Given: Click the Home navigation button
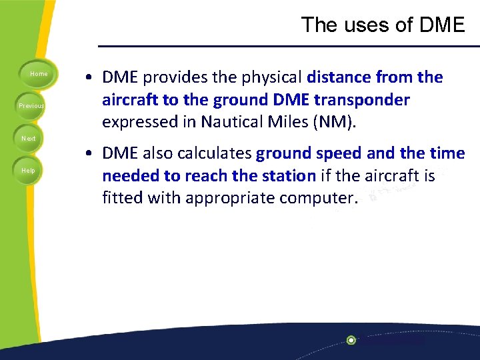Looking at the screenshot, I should pos(38,74).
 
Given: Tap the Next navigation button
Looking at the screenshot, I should pos(29,139).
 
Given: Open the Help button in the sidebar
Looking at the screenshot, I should pos(29,171).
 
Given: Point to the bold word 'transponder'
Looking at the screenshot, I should pos(367,100).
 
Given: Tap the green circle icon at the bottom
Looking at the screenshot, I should pos(351,340).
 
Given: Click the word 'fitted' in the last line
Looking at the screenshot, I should pos(122,199).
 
